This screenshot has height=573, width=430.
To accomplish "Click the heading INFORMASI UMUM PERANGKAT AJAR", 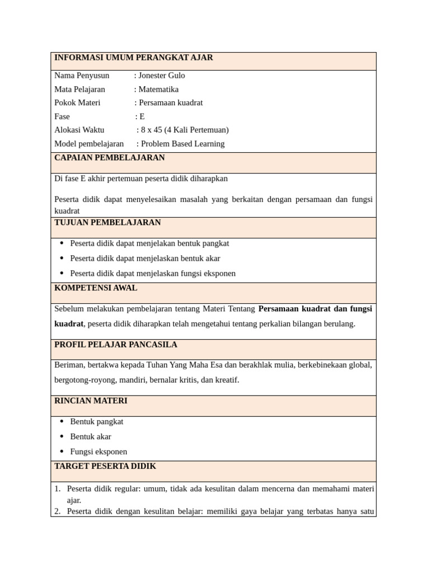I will point(133,58).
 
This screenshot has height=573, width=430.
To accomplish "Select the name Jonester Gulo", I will point(162,76).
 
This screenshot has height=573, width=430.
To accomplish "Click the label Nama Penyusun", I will point(82,76).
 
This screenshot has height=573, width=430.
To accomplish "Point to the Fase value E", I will point(142,116).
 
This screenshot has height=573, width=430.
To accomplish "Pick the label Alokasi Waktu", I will point(80,130).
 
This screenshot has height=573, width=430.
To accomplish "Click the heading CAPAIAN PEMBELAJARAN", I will point(110,158).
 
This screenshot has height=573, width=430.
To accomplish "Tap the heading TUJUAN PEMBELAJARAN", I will point(107,223).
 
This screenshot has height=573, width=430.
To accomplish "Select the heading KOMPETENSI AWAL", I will point(96,288).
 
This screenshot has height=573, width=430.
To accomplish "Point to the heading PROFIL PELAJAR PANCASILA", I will point(116,345).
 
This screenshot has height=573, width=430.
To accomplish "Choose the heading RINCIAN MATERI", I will point(91,401).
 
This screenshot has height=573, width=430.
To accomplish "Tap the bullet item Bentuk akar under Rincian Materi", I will point(91,436).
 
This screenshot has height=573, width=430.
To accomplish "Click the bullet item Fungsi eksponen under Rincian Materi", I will point(99,452).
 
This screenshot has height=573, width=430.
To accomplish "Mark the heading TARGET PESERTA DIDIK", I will point(105,466).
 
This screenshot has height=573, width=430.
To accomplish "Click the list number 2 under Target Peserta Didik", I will point(57,511).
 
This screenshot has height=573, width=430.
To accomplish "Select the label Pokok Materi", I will point(77,103).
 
